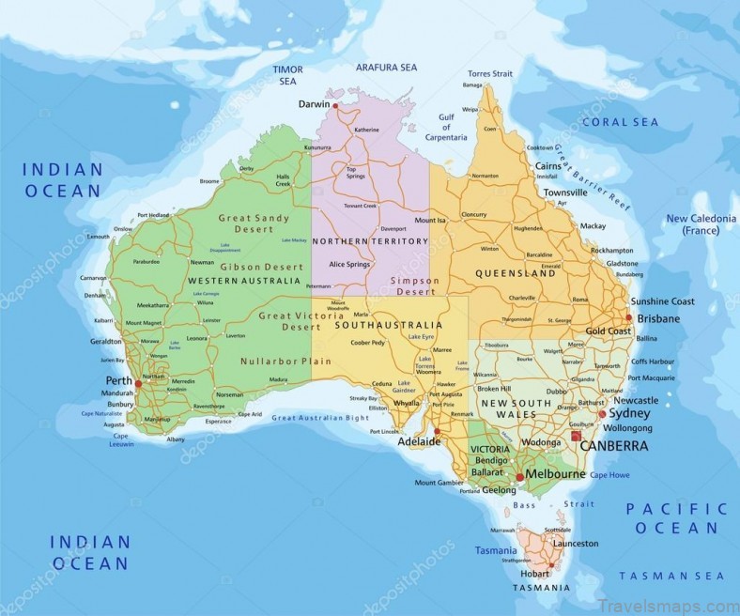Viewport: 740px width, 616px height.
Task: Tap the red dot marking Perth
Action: pos(138,383)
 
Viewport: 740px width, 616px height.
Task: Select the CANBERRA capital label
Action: pos(613,446)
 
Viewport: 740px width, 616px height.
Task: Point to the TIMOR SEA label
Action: pos(286,76)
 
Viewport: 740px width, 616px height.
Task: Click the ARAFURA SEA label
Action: pos(386,68)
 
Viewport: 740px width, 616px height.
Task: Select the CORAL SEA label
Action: pos(621,122)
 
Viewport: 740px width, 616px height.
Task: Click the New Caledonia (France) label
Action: pos(699,224)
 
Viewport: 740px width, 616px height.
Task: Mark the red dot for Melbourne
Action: pos(519,477)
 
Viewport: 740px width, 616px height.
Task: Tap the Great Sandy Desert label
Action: pos(249,223)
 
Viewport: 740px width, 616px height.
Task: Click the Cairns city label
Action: pos(547,165)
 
